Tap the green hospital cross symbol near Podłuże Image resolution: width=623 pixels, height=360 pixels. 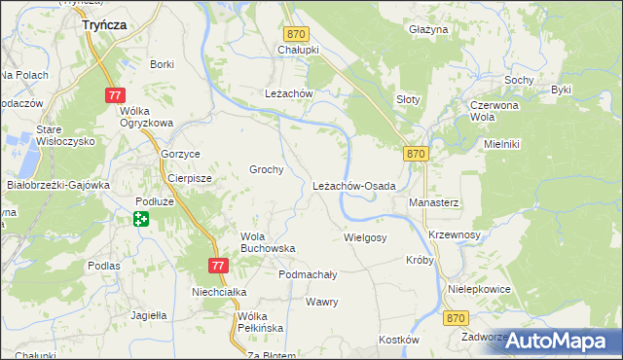pos(141,219)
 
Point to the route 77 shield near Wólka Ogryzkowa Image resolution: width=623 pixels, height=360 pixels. pos(116,95)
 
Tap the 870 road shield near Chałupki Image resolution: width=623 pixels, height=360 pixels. pos(297,34)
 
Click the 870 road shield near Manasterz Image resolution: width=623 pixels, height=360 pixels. pos(417,154)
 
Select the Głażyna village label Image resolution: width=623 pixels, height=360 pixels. pos(428,30)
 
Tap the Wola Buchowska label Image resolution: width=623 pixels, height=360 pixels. pos(267,241)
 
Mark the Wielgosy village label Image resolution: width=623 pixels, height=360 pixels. pos(365,236)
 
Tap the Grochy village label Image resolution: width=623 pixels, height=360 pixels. pos(267,169)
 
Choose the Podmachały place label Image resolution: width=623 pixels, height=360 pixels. pos(308,275)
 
